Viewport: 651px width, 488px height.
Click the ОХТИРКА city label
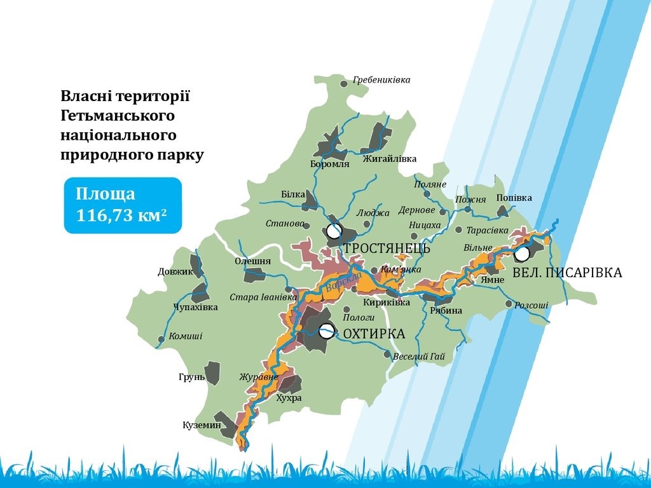pyautogui.click(x=374, y=334)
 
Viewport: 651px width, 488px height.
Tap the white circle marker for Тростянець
pyautogui.click(x=334, y=231)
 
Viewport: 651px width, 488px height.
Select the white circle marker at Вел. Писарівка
pyautogui.click(x=522, y=254)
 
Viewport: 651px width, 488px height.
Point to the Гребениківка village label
pyautogui.click(x=381, y=79)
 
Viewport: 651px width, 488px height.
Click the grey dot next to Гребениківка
pyautogui.click(x=344, y=84)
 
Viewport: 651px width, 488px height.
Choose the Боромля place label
pyautogui.click(x=330, y=164)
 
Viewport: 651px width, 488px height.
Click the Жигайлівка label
pyautogui.click(x=390, y=158)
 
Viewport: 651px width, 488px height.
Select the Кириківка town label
pyautogui.click(x=387, y=302)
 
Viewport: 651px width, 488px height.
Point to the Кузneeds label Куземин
pyautogui.click(x=202, y=425)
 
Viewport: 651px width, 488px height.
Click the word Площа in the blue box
pyautogui.click(x=106, y=194)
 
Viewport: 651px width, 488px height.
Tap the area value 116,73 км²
pyautogui.click(x=121, y=215)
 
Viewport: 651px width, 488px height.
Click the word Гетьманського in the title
pyautogui.click(x=118, y=116)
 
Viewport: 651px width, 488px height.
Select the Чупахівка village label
pyautogui.click(x=196, y=308)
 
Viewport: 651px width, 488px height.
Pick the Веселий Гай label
pyautogui.click(x=419, y=356)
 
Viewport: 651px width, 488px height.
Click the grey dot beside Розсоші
pyautogui.click(x=509, y=304)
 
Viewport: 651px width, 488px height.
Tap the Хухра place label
pyautogui.click(x=289, y=398)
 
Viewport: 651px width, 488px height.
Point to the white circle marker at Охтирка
pyautogui.click(x=326, y=331)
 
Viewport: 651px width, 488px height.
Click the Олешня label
pyautogui.click(x=252, y=261)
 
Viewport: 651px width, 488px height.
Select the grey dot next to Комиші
pyautogui.click(x=161, y=339)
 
